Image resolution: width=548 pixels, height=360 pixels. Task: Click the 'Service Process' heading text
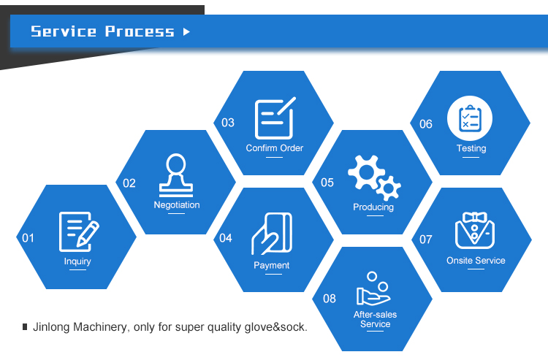tap(102, 31)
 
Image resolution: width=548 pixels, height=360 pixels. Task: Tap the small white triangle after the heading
tap(186, 31)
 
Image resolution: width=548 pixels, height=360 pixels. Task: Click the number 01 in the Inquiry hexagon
tap(28, 237)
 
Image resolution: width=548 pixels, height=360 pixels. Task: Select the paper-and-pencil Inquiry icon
tap(78, 231)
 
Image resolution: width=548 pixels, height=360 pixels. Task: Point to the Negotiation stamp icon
tap(176, 175)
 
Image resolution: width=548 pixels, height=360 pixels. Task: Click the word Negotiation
tap(177, 205)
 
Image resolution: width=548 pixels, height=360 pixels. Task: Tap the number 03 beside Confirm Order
tap(228, 123)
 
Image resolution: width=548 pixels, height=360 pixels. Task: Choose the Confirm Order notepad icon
tap(274, 118)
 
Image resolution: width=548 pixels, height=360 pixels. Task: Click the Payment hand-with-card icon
tap(272, 234)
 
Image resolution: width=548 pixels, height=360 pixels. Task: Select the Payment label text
tap(272, 266)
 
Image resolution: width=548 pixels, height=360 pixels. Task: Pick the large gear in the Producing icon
tap(365, 172)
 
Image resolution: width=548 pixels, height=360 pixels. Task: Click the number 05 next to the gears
tap(327, 183)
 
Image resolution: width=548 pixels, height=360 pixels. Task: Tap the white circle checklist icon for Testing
tap(470, 118)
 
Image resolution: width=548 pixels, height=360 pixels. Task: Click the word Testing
tap(471, 148)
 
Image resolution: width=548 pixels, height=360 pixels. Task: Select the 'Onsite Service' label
tap(476, 261)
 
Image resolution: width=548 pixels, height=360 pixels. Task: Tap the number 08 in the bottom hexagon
tap(330, 298)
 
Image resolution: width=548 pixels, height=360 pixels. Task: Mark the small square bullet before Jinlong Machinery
tap(25, 327)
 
